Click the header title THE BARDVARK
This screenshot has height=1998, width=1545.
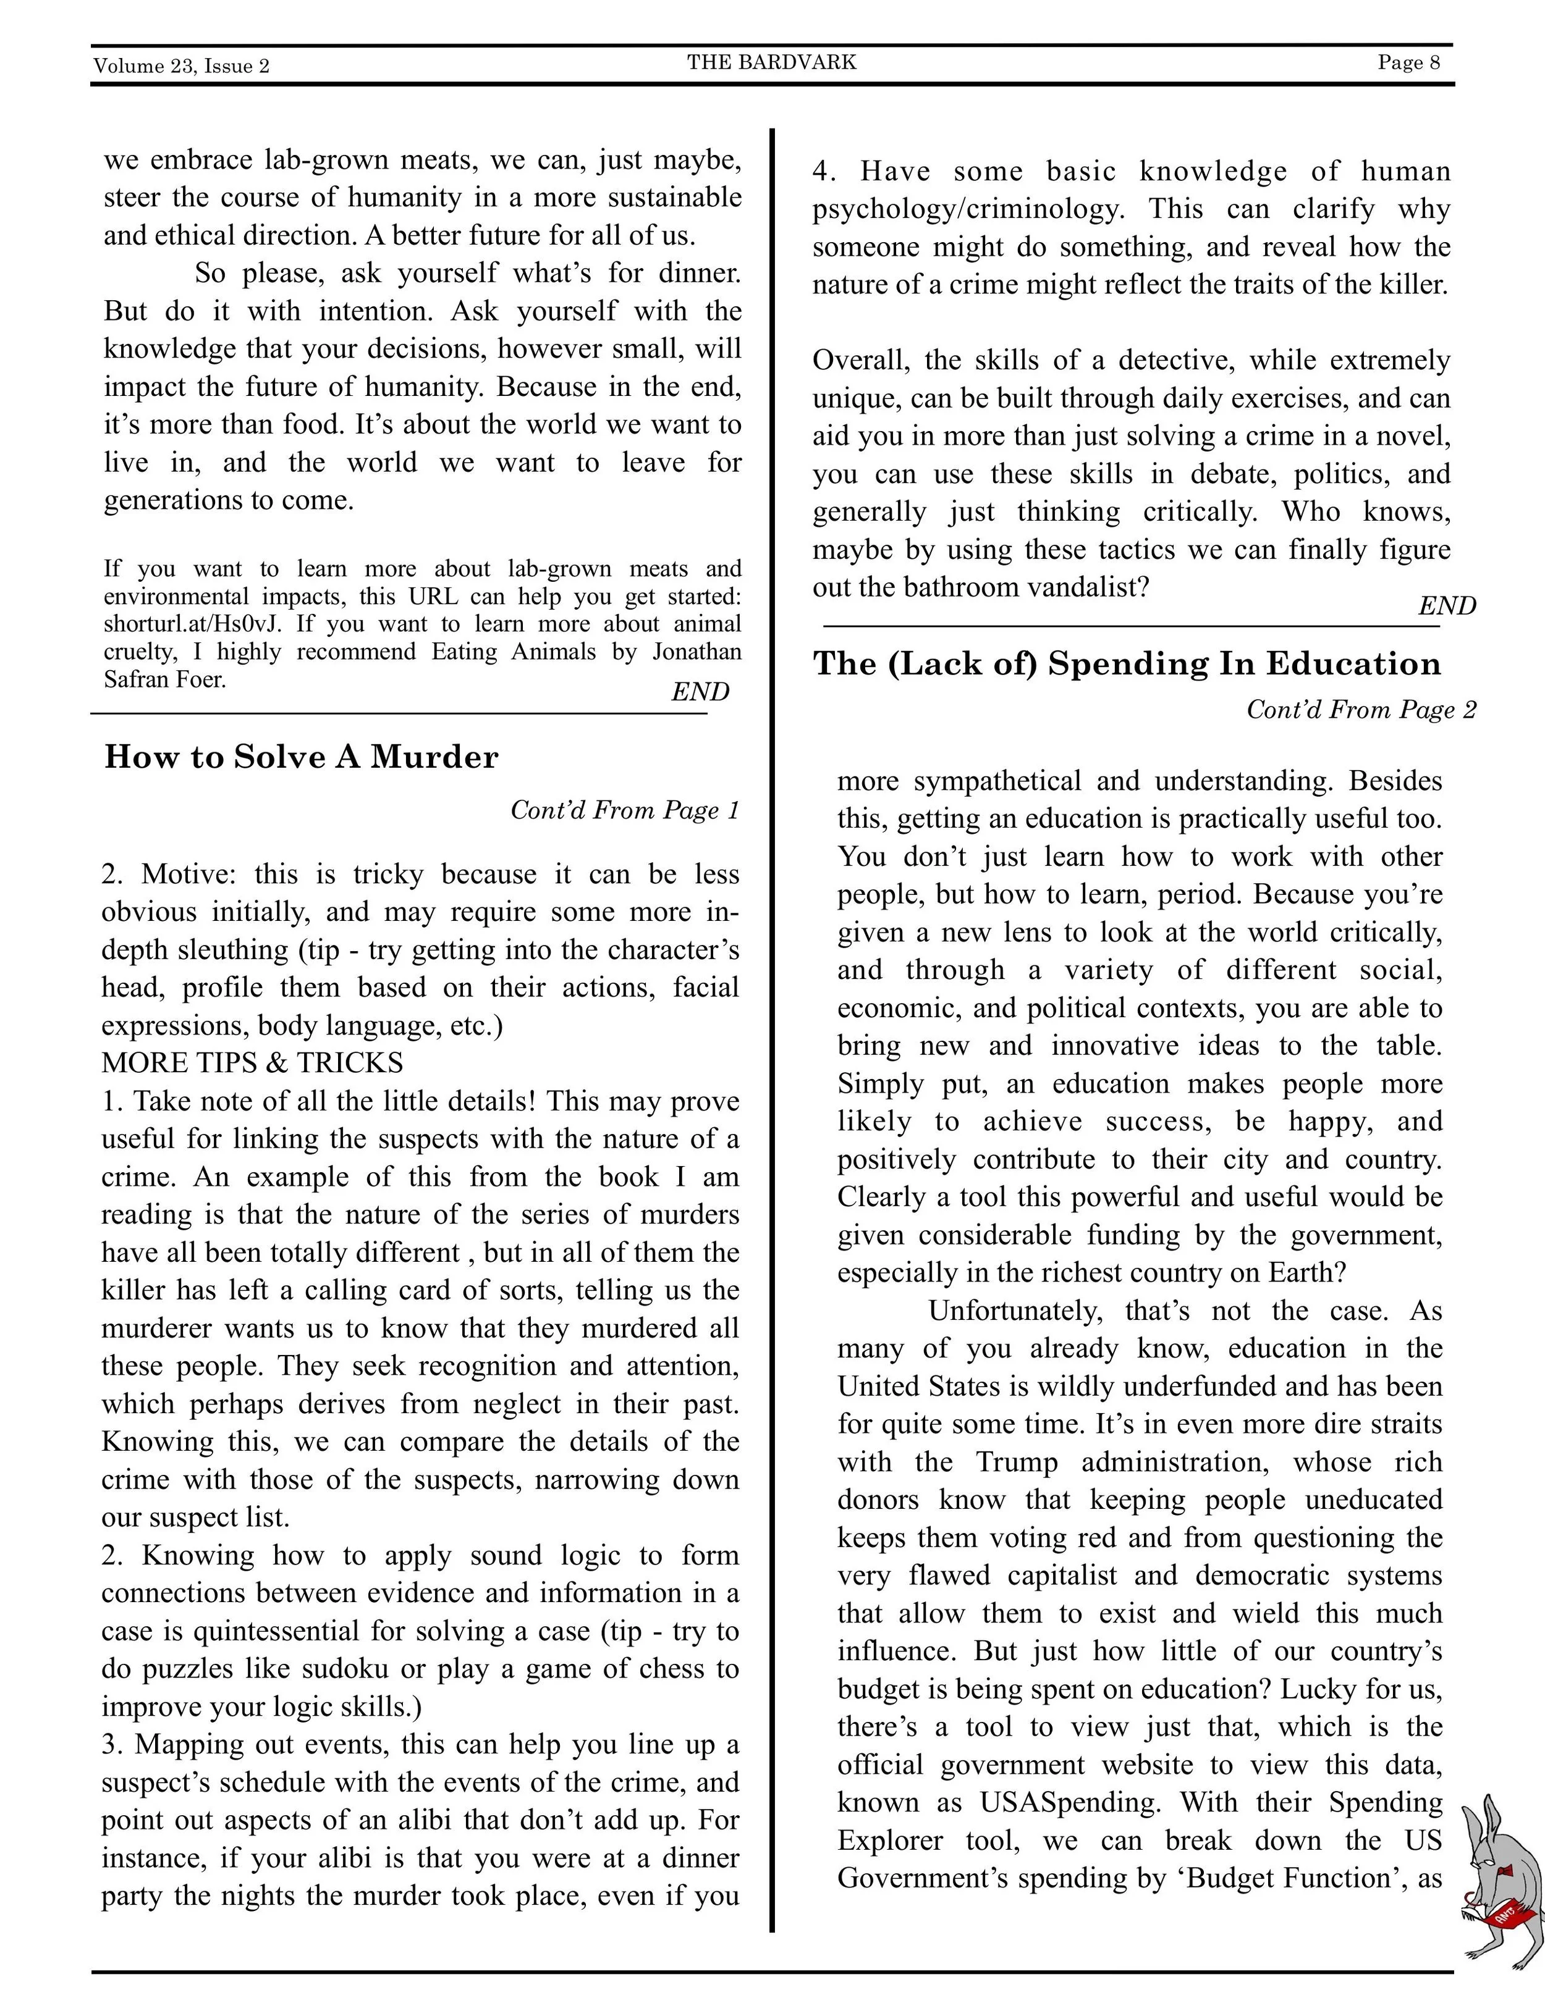pyautogui.click(x=772, y=62)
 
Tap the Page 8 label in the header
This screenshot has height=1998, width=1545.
pyautogui.click(x=1408, y=62)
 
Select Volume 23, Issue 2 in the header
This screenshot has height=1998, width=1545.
pyautogui.click(x=181, y=66)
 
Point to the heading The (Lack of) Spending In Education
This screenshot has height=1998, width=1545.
pyautogui.click(x=1126, y=664)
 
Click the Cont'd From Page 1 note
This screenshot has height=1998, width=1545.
pyautogui.click(x=624, y=810)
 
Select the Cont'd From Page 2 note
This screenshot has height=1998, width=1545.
pyautogui.click(x=1361, y=710)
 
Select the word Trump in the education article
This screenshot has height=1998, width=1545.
pyautogui.click(x=1016, y=1462)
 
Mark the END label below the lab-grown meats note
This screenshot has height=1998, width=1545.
pyautogui.click(x=700, y=692)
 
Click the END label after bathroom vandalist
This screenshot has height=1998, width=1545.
pyautogui.click(x=1446, y=606)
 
